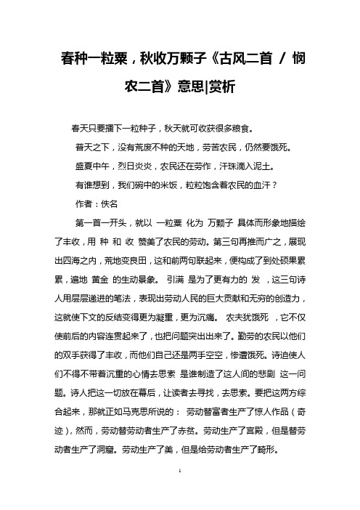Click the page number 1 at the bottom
pyautogui.click(x=180, y=492)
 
